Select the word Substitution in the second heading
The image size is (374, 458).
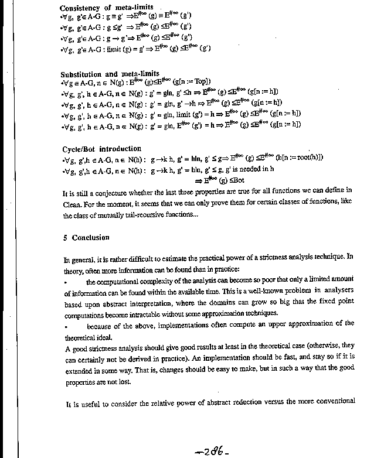[83, 74]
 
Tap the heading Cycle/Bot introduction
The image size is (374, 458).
[102, 149]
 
